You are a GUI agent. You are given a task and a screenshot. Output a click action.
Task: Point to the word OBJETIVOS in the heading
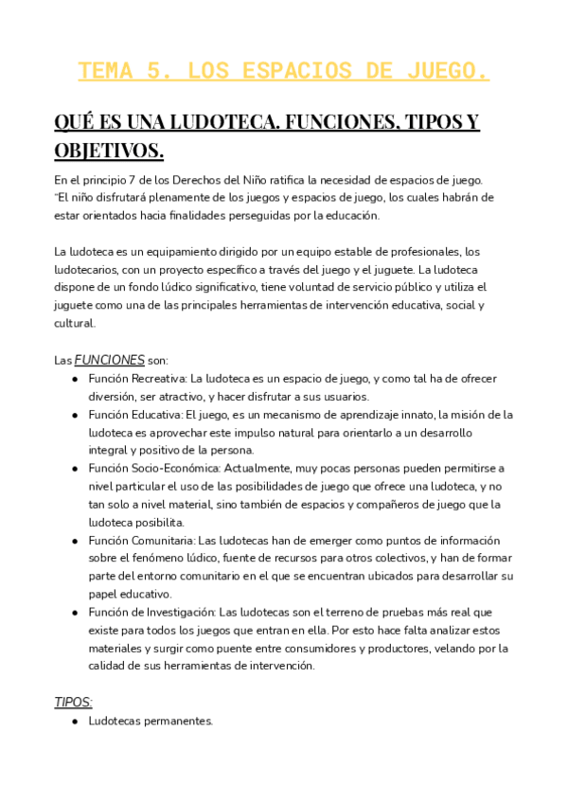point(109,151)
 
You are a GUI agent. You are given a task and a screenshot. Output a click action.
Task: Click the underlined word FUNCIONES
point(110,360)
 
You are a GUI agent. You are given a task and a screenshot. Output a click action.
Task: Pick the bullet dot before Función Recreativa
point(75,379)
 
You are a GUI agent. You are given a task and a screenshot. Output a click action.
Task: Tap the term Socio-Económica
point(177,469)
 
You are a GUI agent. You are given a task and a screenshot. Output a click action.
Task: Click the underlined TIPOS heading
point(73,702)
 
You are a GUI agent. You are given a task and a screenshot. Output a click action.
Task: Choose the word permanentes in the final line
point(180,721)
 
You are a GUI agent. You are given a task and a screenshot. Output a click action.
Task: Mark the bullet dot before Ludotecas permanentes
point(75,722)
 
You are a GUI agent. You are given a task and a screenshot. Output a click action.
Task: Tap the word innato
point(415,415)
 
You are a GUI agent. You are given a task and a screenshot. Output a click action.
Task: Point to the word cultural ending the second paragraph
point(74,323)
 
